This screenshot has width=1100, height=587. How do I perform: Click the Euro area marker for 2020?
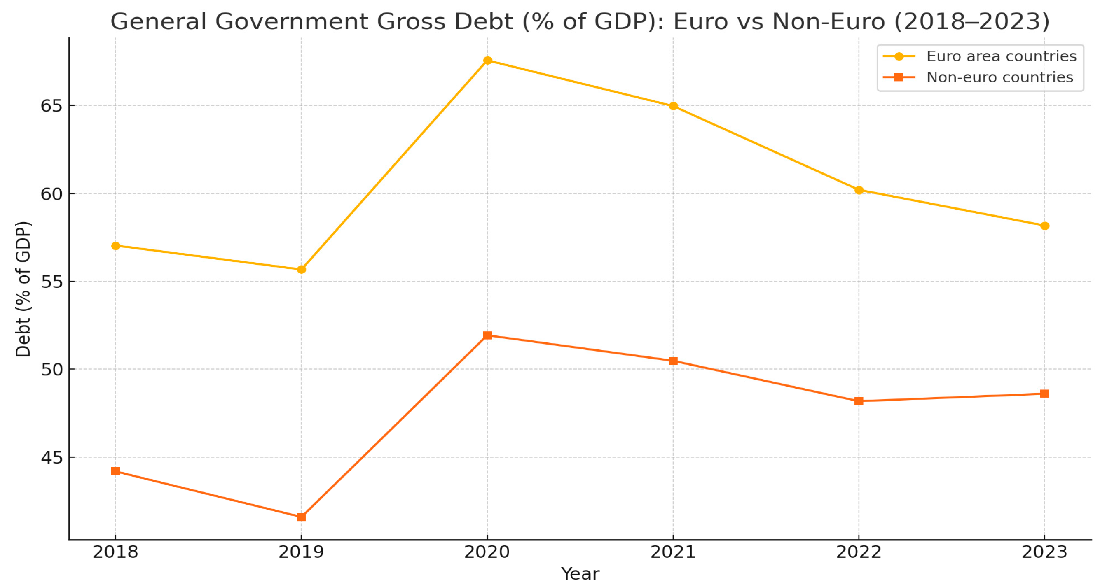tap(487, 61)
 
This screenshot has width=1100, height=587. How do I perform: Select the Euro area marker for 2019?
tap(301, 270)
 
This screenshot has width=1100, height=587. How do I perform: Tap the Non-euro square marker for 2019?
tap(301, 517)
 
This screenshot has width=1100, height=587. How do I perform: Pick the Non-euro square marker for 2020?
tap(487, 335)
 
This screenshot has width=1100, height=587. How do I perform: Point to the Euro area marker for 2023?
tap(1044, 226)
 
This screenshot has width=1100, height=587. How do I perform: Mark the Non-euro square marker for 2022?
tap(859, 401)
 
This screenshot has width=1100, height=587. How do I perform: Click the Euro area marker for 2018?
tap(115, 246)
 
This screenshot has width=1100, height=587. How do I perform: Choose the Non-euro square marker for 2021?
tap(673, 361)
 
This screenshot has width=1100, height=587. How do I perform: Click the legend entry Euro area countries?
tap(1001, 56)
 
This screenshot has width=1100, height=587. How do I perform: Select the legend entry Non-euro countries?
tap(999, 77)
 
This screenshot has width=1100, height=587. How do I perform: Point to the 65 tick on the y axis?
tap(51, 106)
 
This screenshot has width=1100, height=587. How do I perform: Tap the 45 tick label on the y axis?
tap(51, 457)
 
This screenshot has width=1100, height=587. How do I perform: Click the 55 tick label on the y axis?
tap(51, 282)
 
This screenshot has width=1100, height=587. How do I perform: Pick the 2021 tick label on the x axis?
tap(673, 552)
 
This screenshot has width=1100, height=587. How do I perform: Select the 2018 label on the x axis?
tap(115, 552)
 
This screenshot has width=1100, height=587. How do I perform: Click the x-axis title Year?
tap(580, 574)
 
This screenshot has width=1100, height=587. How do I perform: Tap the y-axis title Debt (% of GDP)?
tap(23, 289)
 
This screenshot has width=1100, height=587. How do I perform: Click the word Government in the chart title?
tap(295, 21)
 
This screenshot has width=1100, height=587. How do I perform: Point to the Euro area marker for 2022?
tap(859, 190)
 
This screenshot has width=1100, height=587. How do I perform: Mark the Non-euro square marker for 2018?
tap(115, 471)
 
